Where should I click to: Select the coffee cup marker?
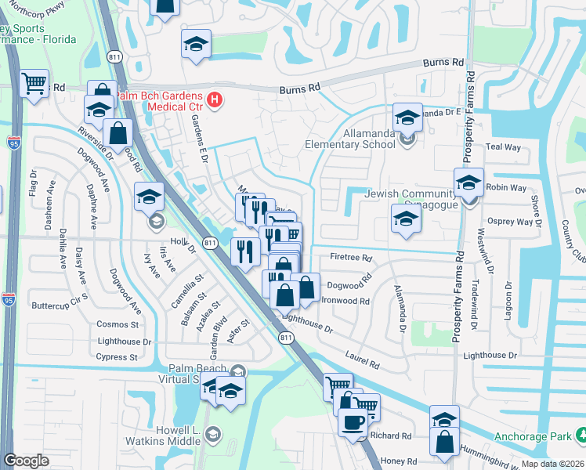click(353, 422)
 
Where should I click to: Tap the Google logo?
click(26, 461)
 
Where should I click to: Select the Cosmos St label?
click(118, 324)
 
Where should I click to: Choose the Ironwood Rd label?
click(345, 301)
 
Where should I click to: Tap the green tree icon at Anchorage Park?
click(579, 436)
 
